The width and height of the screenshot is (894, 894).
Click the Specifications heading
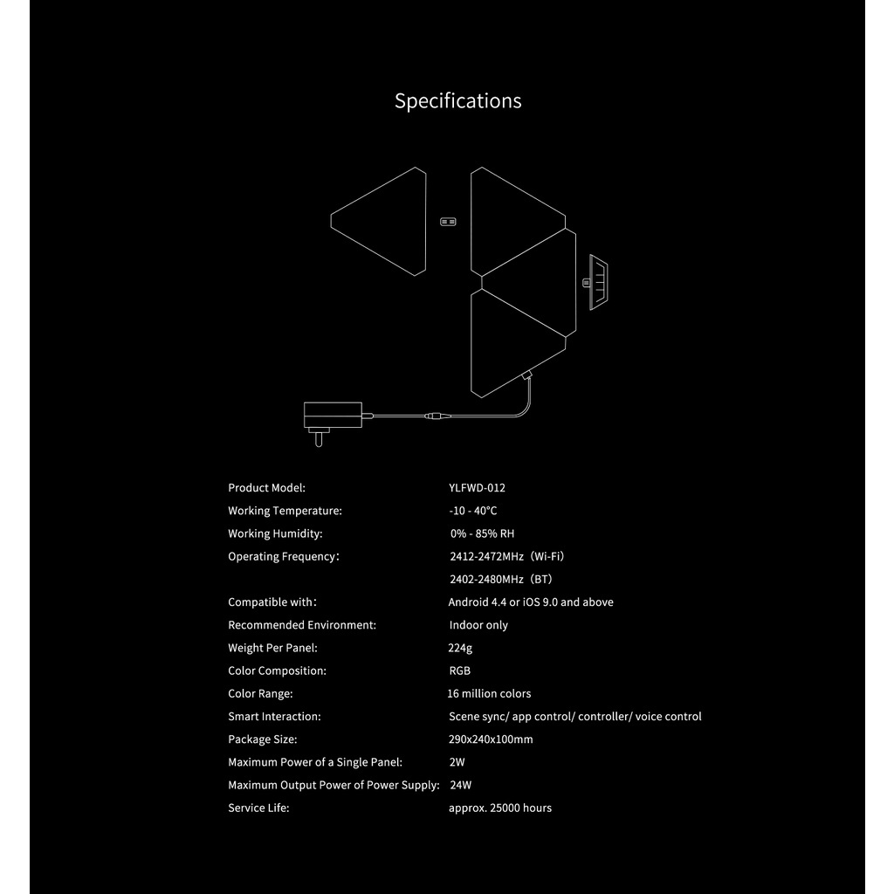click(457, 101)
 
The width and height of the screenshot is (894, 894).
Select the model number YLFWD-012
click(477, 488)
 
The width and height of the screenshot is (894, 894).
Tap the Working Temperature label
click(285, 511)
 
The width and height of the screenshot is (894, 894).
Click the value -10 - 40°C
click(472, 511)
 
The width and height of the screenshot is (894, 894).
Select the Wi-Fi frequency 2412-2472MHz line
click(500, 556)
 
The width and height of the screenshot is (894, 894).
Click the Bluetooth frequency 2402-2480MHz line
click(500, 579)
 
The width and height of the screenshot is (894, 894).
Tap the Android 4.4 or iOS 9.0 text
click(531, 602)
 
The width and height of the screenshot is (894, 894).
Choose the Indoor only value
click(478, 625)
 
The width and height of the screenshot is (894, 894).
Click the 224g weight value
click(460, 648)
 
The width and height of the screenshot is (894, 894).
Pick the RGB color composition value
click(459, 670)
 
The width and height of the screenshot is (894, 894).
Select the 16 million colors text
click(489, 693)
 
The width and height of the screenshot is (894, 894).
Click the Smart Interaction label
click(274, 716)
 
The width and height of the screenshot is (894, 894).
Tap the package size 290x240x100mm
click(491, 739)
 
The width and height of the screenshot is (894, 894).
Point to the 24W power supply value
click(460, 785)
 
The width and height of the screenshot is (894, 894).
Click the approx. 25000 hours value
click(500, 808)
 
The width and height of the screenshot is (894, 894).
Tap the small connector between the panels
click(448, 222)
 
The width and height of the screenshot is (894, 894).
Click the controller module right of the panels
click(599, 282)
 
